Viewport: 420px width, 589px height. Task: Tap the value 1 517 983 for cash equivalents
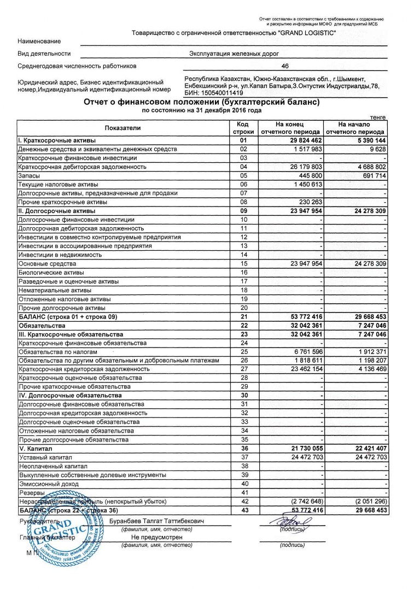306,149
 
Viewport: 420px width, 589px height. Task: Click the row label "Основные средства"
44,264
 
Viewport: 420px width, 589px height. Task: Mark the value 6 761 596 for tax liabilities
306,352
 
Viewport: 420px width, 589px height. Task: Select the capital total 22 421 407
364,448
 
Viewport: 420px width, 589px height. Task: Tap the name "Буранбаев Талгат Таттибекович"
157,522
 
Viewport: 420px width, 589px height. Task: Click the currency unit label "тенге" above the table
378,117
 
